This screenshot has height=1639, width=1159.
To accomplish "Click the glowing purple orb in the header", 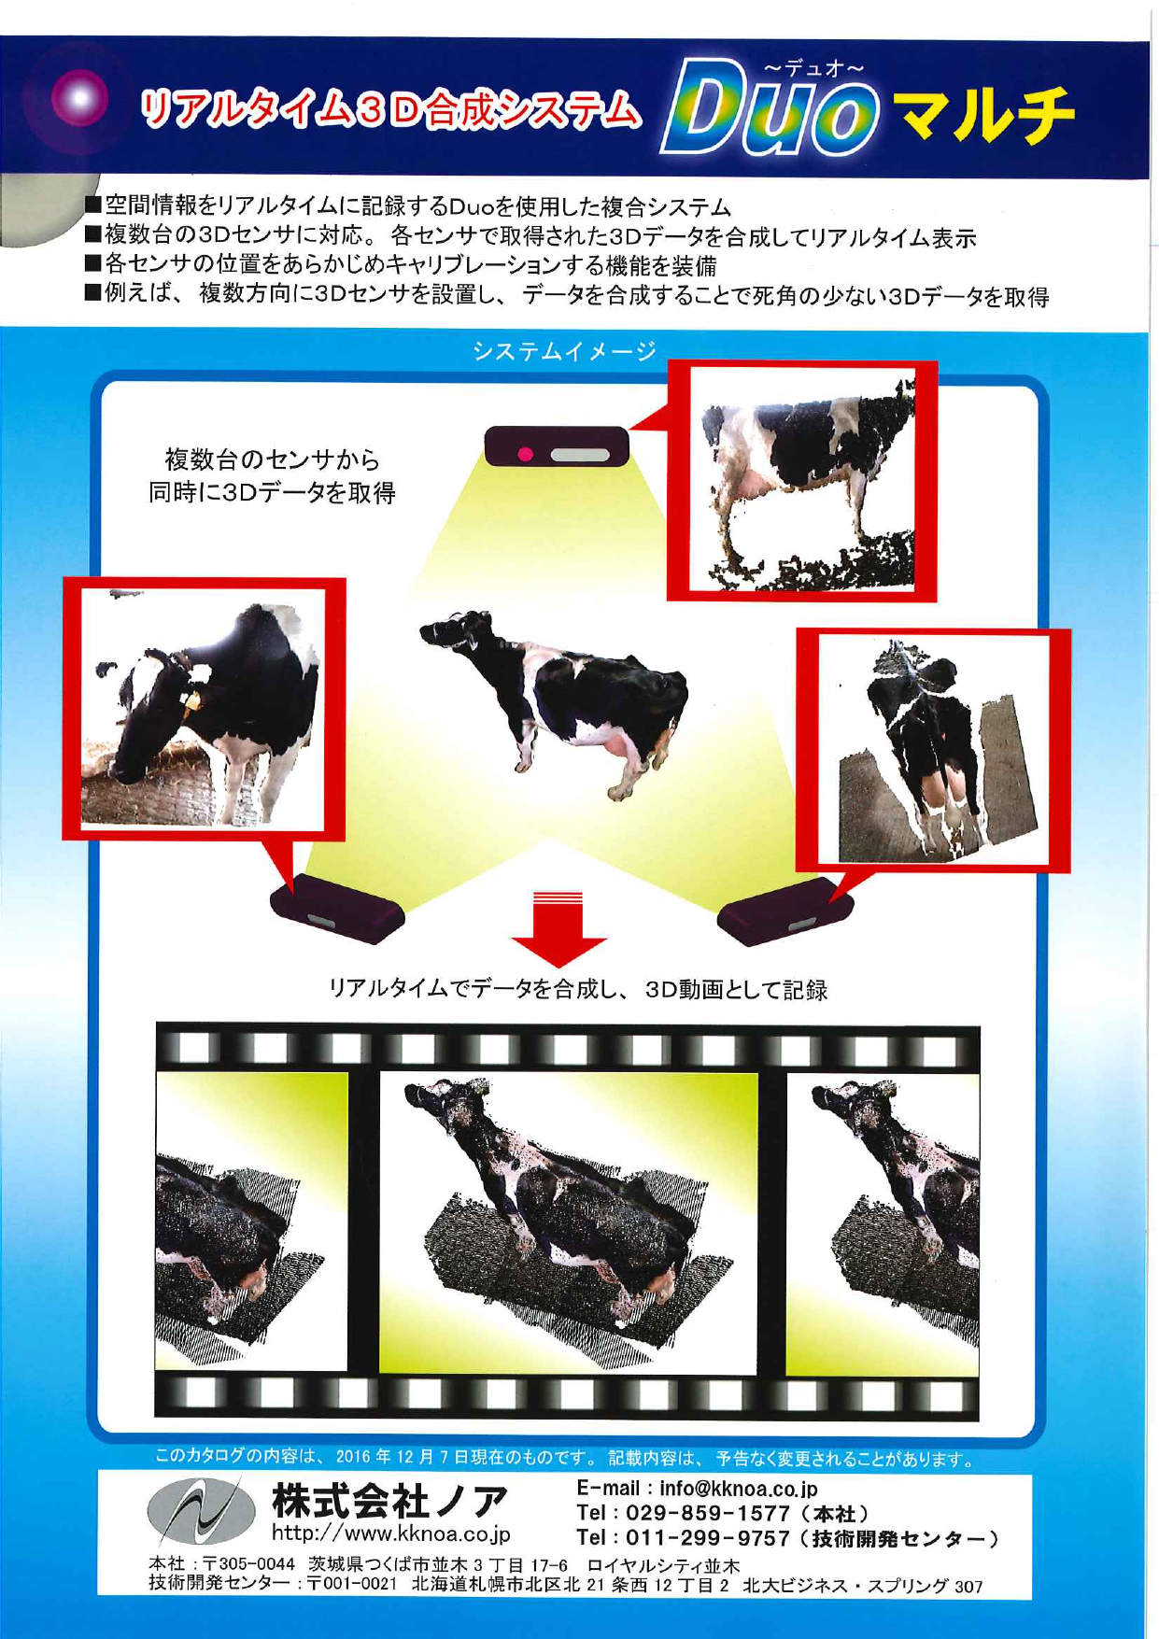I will (x=80, y=98).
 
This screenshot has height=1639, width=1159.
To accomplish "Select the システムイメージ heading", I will (x=564, y=352).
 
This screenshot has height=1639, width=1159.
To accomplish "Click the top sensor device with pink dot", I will (x=557, y=446).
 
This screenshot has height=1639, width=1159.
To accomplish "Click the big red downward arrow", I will (x=558, y=928).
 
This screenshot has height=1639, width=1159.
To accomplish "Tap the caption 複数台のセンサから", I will (x=272, y=459).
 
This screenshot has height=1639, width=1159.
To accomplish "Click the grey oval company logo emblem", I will (x=201, y=1512).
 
